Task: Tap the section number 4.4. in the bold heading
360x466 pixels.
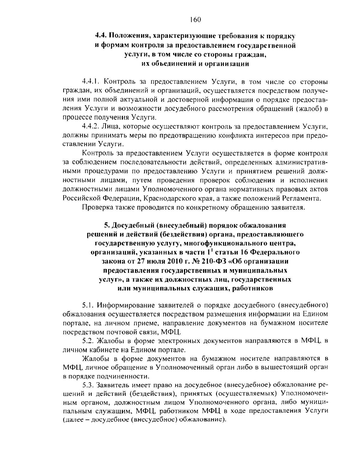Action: tap(101, 36)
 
